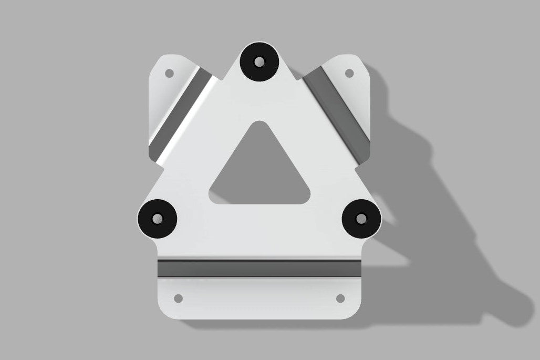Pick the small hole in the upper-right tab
349,73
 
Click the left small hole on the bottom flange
178,299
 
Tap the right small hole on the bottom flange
340,299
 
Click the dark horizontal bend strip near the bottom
260,268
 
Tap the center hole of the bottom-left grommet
157,218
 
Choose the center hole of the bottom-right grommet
361,218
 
